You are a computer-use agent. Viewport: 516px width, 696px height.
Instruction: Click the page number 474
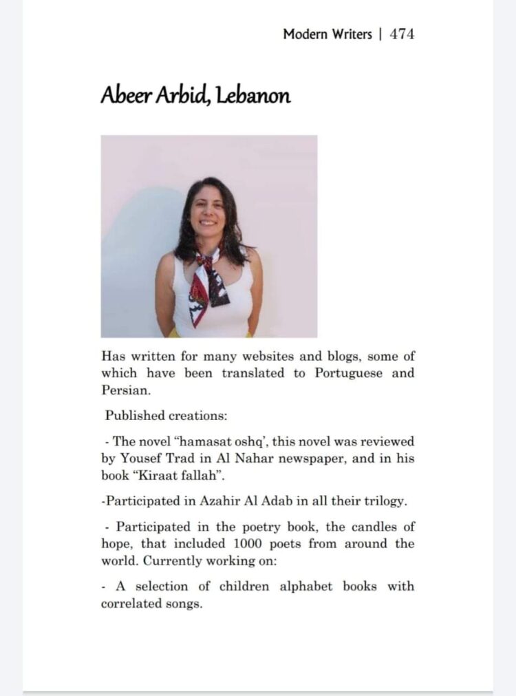click(402, 34)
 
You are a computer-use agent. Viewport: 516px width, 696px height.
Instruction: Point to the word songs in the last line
click(183, 604)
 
